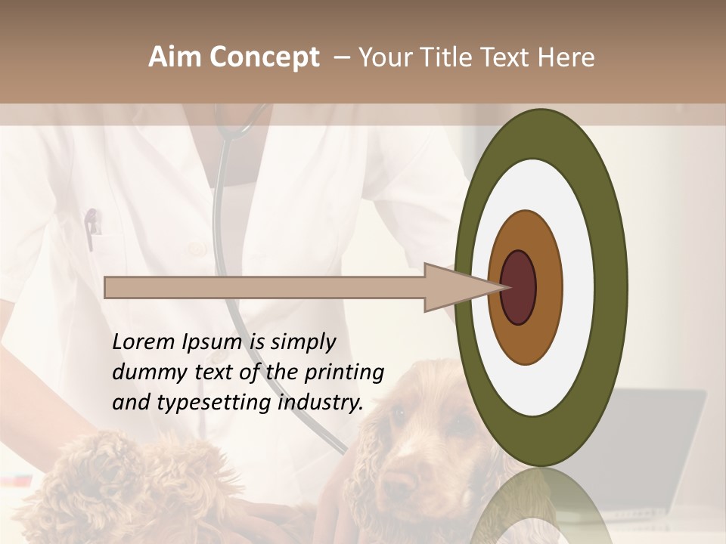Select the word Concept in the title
tap(264, 58)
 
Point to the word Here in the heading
tap(566, 57)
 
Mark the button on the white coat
tap(198, 248)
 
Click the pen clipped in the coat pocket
tap(92, 227)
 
